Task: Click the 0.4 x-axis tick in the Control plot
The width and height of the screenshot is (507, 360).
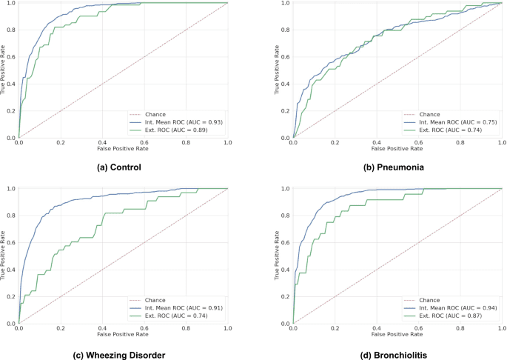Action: click(x=102, y=144)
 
